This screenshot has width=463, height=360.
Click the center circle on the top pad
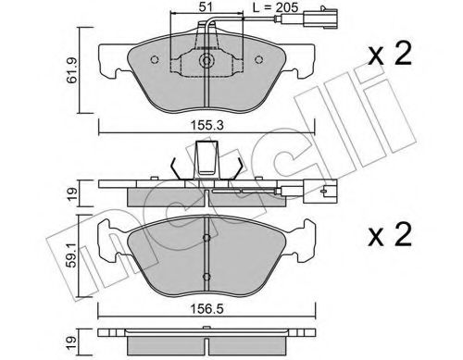[206, 64]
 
